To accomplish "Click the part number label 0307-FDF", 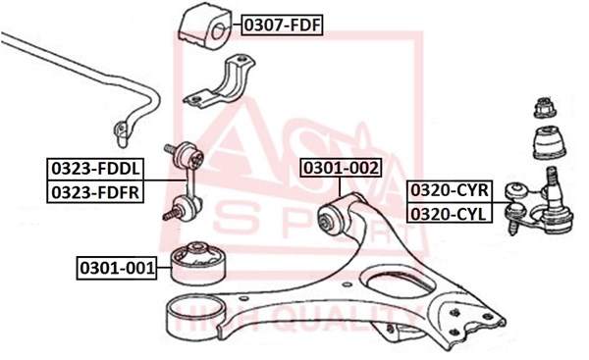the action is tap(282, 26).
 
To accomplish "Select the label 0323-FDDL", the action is tap(95, 169).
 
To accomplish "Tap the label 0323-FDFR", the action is tap(95, 192).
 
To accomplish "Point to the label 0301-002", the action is tap(341, 168).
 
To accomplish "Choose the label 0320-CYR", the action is tap(450, 190).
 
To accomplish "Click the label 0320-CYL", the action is tap(450, 214).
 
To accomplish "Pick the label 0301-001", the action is tap(117, 268).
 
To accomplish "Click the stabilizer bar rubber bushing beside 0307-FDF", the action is tap(203, 26).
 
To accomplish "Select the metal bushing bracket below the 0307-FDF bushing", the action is tap(220, 81).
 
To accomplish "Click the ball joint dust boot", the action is tap(549, 143).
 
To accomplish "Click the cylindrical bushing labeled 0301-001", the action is tap(198, 264).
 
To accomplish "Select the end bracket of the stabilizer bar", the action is tap(122, 132).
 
